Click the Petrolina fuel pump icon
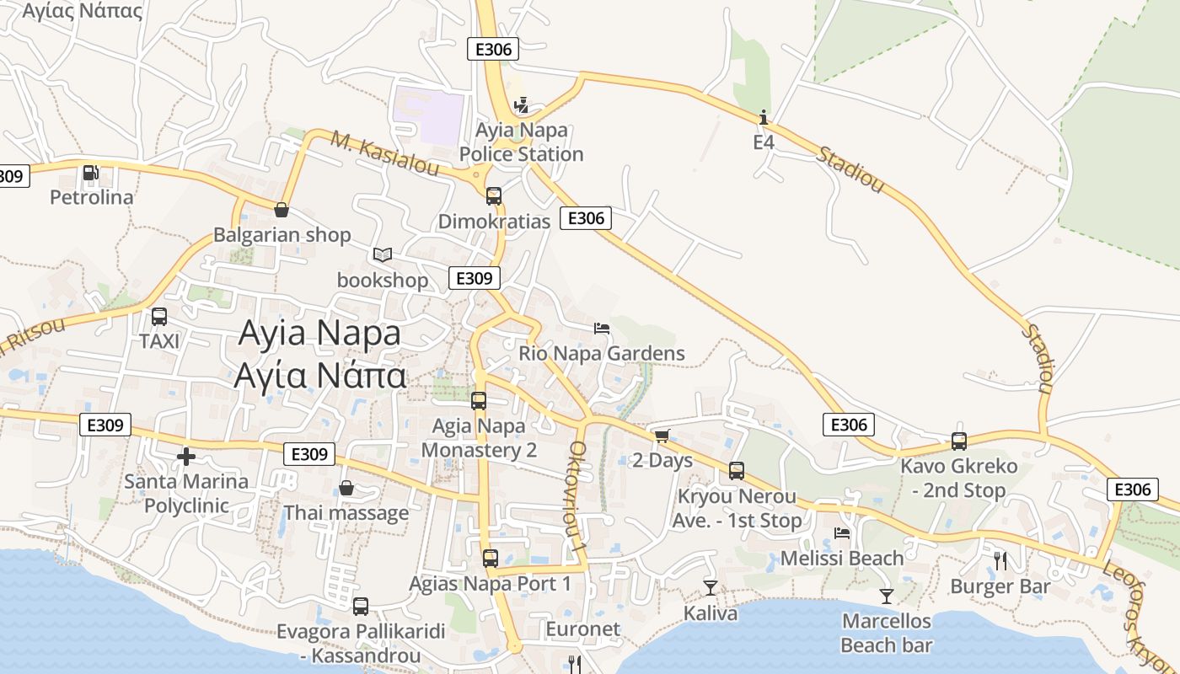click(90, 174)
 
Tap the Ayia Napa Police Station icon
click(522, 106)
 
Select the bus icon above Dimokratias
click(494, 196)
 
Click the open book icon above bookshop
click(383, 254)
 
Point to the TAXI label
click(159, 341)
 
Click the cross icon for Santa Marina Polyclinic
click(186, 457)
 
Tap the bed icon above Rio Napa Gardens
click(602, 328)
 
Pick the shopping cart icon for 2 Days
click(662, 436)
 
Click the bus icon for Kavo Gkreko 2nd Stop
click(959, 441)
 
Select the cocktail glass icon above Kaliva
click(711, 587)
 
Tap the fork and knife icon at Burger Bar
click(1000, 560)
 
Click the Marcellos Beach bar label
click(887, 634)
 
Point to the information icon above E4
click(764, 117)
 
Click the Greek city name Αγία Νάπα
click(320, 376)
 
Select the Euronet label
click(582, 629)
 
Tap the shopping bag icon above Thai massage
click(346, 488)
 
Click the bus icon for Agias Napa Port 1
click(490, 558)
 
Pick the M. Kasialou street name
click(384, 154)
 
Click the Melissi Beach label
click(842, 559)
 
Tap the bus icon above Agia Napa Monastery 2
click(479, 401)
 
